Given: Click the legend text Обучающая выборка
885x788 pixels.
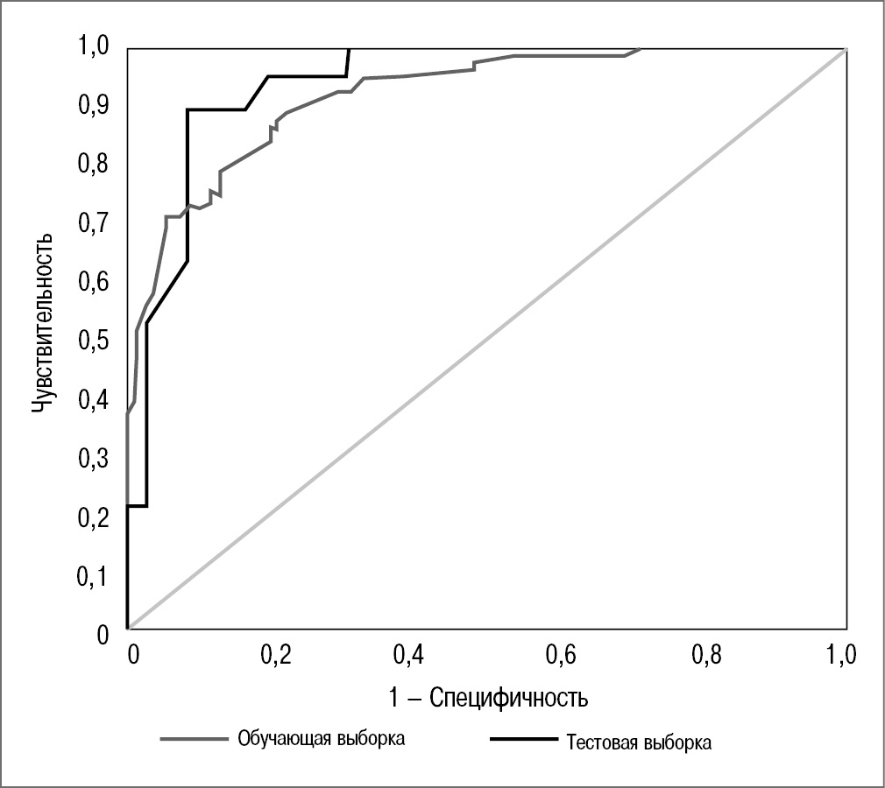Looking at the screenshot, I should [322, 737].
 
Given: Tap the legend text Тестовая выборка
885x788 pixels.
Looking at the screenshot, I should [640, 743].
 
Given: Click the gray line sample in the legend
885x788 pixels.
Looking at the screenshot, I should [194, 738].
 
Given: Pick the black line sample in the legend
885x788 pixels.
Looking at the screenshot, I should [523, 740].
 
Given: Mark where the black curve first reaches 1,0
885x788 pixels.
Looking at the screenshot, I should [350, 48].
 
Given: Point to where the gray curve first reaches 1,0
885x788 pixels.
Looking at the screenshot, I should [641, 48].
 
